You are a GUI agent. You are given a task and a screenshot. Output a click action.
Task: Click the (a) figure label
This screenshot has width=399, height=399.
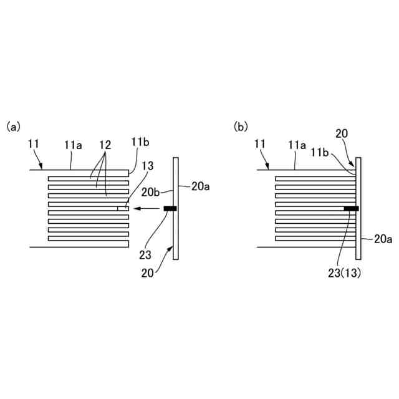(x=13, y=127)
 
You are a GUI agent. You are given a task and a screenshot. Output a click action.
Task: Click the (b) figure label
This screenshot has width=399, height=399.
(x=241, y=127)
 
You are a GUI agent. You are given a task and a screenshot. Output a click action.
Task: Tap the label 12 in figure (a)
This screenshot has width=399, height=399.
(x=105, y=145)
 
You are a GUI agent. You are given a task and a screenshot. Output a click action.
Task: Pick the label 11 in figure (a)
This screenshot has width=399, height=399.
(x=34, y=144)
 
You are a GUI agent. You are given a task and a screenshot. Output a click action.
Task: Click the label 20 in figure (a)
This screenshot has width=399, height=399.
(x=148, y=272)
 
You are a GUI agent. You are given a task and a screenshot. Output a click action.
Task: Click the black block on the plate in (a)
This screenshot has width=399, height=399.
(x=170, y=208)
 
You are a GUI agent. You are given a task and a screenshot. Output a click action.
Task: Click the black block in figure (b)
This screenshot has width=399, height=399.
(x=350, y=208)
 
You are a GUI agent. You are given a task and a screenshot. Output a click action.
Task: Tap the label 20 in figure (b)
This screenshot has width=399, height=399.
(x=342, y=133)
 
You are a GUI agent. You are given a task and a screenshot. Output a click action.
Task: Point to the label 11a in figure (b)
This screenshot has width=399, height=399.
(x=297, y=145)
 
